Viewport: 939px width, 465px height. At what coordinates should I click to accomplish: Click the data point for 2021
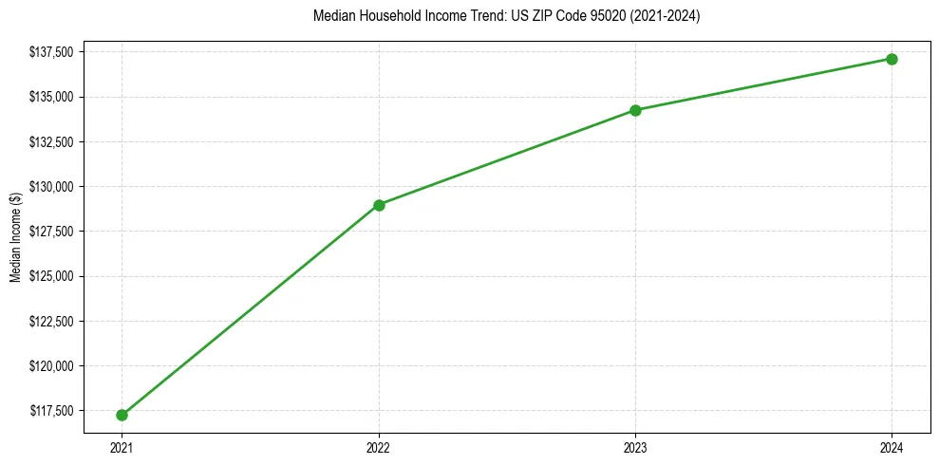122,415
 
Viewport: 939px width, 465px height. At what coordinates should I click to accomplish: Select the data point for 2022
379,205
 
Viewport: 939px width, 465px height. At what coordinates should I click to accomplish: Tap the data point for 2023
635,110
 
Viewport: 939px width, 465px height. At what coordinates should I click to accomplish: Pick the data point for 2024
892,59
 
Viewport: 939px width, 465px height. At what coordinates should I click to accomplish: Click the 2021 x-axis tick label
122,446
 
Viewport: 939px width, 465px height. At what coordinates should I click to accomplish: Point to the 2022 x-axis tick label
379,446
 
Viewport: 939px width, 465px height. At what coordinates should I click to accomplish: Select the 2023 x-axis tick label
635,446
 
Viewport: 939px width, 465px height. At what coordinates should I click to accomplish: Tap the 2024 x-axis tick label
892,446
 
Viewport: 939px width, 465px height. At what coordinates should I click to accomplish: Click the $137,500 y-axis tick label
56,52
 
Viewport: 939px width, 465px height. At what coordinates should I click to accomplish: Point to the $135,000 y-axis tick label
56,97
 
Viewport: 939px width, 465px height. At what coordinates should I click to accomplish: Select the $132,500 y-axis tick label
56,141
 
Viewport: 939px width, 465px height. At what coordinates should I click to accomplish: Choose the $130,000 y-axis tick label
56,187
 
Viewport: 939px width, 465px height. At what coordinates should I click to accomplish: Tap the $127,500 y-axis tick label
56,232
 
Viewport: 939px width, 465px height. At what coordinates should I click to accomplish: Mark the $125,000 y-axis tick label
56,276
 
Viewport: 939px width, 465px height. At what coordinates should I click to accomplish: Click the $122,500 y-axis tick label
56,321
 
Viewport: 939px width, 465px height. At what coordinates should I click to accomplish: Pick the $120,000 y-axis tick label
56,366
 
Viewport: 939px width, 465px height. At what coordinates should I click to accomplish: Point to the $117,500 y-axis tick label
56,411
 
